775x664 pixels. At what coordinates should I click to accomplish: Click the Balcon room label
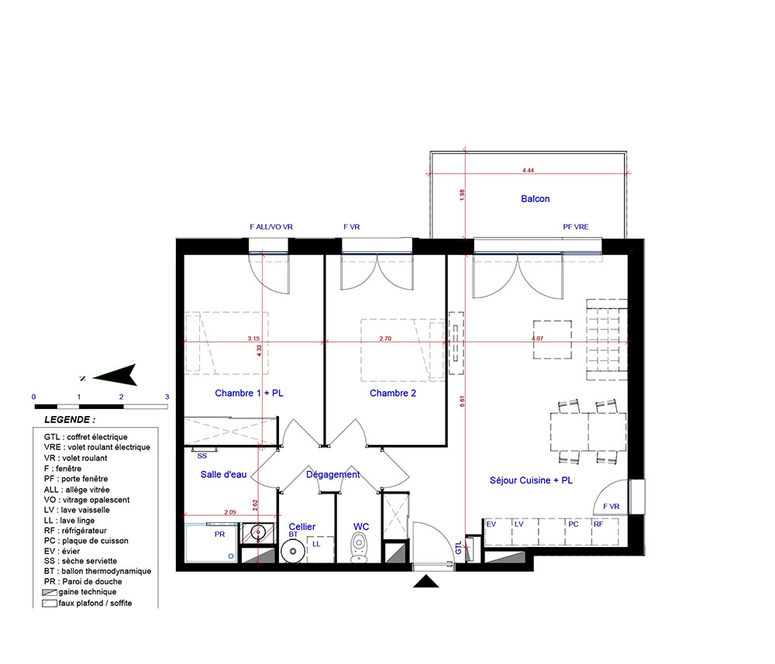coord(535,198)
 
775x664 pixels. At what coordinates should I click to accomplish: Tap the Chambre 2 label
coord(392,394)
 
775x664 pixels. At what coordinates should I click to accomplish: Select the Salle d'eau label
coord(223,474)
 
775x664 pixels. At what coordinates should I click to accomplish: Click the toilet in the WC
coord(358,549)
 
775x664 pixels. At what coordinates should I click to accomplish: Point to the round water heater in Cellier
coord(293,550)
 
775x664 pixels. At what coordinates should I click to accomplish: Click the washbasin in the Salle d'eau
coord(257,532)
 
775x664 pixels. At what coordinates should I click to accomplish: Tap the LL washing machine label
coord(316,544)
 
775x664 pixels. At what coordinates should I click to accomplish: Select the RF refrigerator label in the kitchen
coord(598,524)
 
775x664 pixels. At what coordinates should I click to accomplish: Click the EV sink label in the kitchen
coord(491,524)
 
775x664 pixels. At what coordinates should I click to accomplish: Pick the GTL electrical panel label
coord(458,548)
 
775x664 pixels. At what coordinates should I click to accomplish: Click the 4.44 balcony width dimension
coord(528,170)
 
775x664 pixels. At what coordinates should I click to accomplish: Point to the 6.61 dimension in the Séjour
coord(462,401)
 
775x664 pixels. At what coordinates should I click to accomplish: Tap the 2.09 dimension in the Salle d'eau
coord(230,512)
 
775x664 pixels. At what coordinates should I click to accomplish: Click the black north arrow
coord(115,376)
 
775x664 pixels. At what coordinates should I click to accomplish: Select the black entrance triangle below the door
coord(426,582)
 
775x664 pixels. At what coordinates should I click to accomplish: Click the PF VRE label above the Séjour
coord(576,227)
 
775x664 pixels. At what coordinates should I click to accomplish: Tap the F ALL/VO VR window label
coord(270,227)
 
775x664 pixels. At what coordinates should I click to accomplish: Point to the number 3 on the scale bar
coord(167,397)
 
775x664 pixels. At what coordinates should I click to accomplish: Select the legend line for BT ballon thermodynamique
coord(98,571)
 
